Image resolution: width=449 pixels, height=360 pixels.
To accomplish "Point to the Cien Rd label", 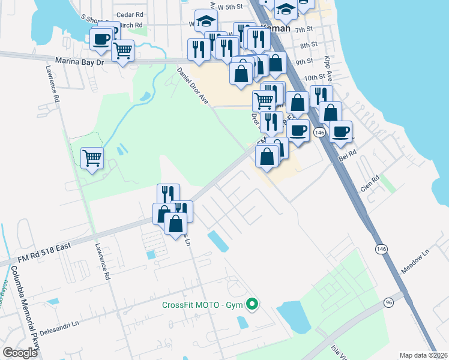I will point(370,183).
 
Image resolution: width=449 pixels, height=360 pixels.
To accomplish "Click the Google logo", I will point(20,353).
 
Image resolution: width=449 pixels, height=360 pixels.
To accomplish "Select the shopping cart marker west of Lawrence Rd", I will point(92,158).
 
